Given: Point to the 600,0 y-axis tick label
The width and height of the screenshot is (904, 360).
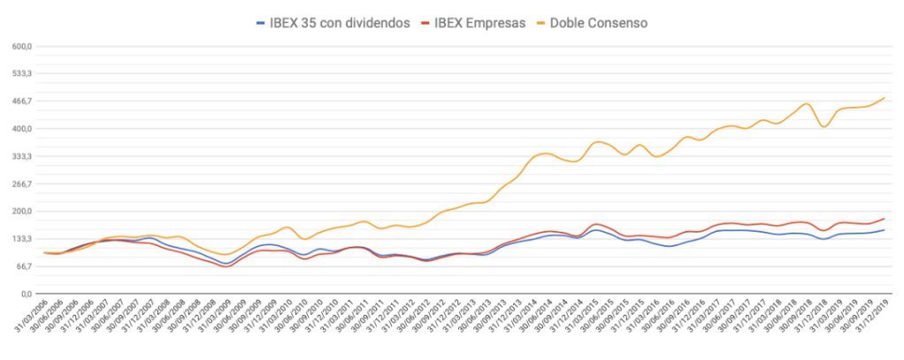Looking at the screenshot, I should coord(19,46).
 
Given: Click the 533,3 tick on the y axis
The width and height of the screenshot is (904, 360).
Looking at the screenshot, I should coord(19,73).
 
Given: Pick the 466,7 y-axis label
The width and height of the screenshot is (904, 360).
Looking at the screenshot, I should coord(19,101).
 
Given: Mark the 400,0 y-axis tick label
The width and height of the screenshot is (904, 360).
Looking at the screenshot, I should coord(19,128).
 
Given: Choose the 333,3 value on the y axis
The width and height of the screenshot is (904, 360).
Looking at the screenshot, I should coord(19,156).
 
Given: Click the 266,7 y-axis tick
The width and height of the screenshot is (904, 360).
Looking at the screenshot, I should coord(19,183).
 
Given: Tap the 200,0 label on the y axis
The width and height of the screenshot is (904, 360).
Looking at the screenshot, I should coord(19,211).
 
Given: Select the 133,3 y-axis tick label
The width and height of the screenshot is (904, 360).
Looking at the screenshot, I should coord(19,238).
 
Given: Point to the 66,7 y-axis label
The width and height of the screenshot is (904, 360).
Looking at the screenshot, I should coord(21,265).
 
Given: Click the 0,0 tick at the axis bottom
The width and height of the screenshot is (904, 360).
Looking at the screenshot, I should coord(24,293).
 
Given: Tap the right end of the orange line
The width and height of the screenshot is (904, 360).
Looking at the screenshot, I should coord(885,98).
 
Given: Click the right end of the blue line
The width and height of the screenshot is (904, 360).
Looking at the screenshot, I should coord(885,230).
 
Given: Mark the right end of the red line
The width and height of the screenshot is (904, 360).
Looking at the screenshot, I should coord(885,218).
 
